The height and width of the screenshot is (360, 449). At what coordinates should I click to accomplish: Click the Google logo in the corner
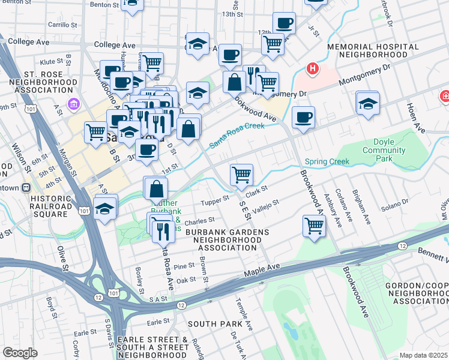20,353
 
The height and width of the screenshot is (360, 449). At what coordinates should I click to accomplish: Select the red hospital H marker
312,69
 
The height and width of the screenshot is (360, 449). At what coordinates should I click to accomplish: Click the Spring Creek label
327,161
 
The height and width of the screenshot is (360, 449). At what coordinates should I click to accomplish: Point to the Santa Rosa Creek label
237,136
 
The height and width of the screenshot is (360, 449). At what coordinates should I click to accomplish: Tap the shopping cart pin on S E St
241,175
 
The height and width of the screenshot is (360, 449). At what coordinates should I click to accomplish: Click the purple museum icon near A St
73,104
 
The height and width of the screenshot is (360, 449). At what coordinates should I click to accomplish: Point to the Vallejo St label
266,204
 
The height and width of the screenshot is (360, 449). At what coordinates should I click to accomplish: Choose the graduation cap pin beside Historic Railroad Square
106,209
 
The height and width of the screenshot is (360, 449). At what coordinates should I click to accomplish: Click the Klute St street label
52,61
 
